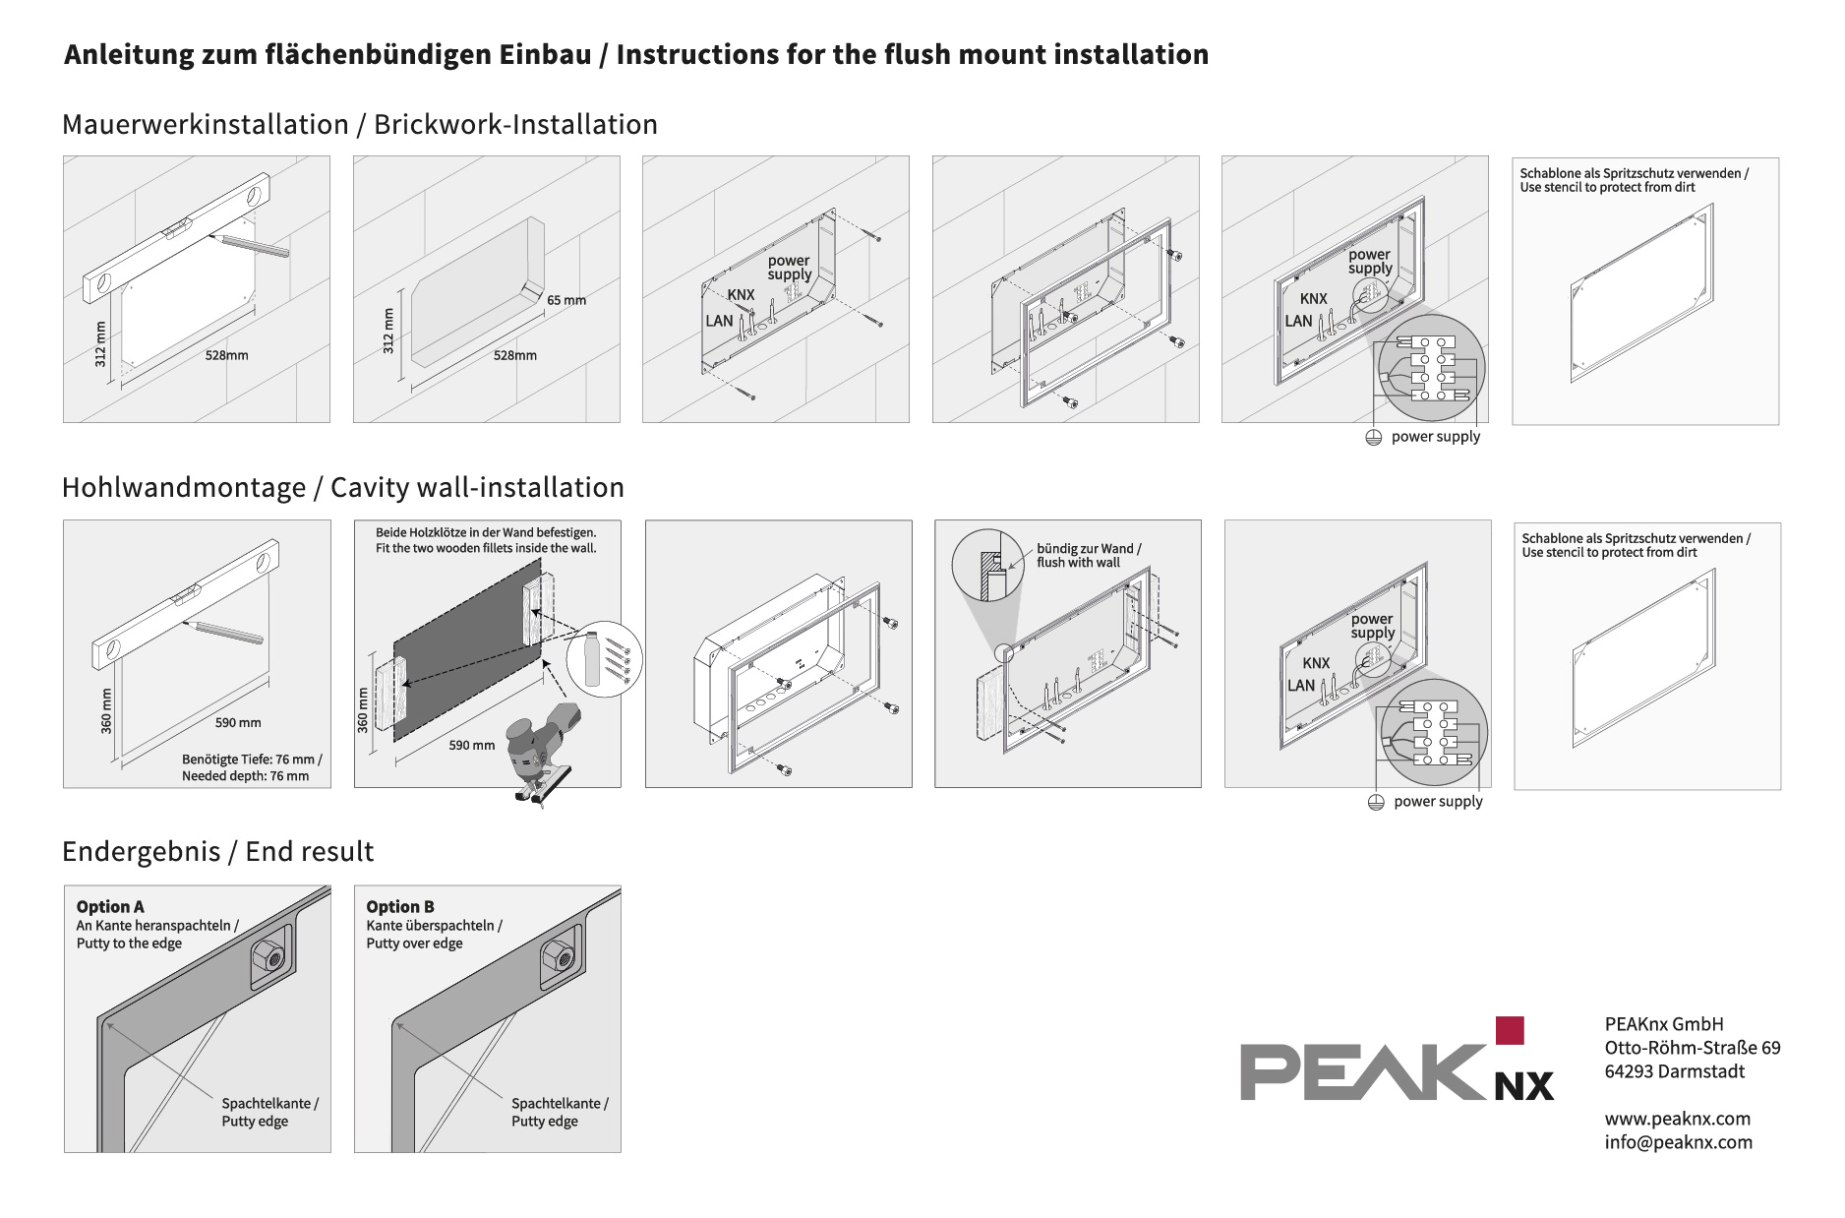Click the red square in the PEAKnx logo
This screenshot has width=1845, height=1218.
coord(1509,1030)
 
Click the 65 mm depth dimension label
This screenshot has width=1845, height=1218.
coord(566,300)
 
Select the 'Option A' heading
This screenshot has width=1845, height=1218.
coord(110,906)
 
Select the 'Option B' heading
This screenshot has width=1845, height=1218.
coord(400,906)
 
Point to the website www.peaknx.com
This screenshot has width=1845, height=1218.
coord(1677,1118)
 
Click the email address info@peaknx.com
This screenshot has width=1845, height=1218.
coord(1678,1141)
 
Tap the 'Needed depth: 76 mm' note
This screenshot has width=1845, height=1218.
coord(245,775)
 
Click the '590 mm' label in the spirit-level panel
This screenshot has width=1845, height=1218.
coord(238,722)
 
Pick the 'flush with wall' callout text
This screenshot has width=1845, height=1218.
coord(1078,563)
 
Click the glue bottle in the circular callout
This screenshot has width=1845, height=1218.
coord(592,659)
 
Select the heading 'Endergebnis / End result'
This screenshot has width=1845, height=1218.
coord(217,851)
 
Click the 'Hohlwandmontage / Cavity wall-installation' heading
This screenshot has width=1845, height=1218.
coord(342,487)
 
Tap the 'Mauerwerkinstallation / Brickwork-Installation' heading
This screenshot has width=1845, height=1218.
coord(359,124)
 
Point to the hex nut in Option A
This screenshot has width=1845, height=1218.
coord(268,955)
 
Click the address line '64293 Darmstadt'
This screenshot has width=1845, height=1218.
coord(1674,1071)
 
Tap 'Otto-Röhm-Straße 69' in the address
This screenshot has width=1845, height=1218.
coord(1692,1048)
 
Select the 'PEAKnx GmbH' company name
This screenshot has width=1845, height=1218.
coord(1663,1024)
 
